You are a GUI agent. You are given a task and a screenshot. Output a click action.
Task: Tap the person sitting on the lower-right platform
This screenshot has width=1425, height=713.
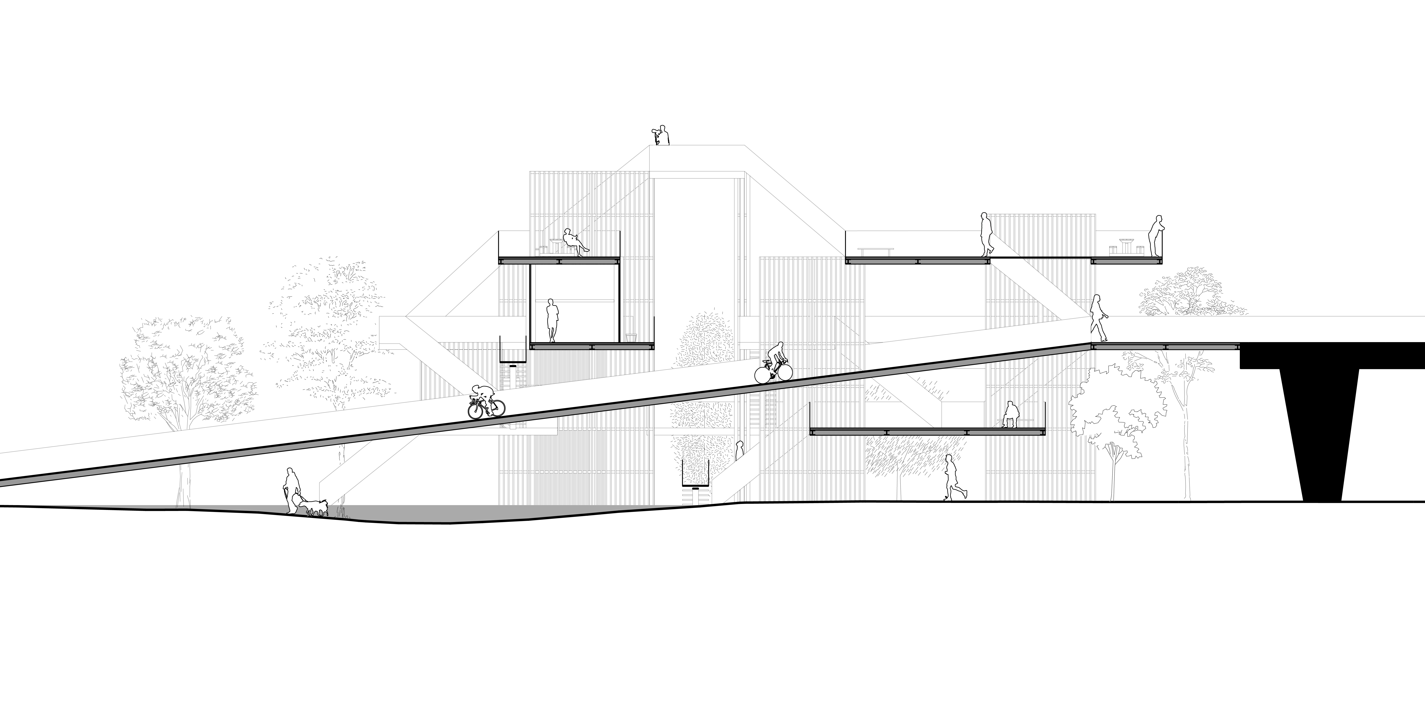point(1010,415)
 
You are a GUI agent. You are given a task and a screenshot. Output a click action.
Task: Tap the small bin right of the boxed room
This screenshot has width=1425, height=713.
point(631,337)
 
